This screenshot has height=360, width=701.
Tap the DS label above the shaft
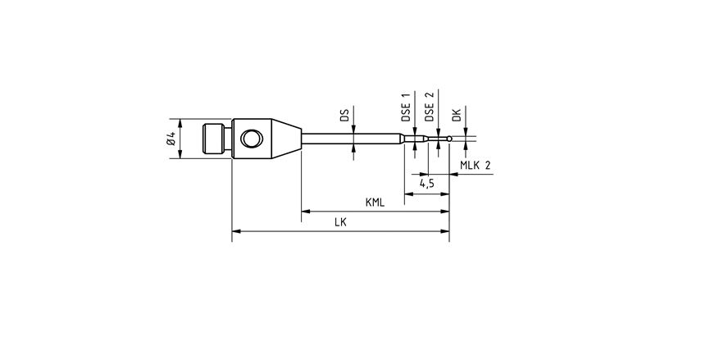click(x=344, y=116)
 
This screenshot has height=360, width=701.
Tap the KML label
click(x=376, y=202)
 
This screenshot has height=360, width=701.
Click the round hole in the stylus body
click(x=251, y=138)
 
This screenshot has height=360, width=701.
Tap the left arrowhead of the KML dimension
click(x=306, y=212)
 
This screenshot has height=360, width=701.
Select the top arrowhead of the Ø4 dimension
click(x=180, y=119)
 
